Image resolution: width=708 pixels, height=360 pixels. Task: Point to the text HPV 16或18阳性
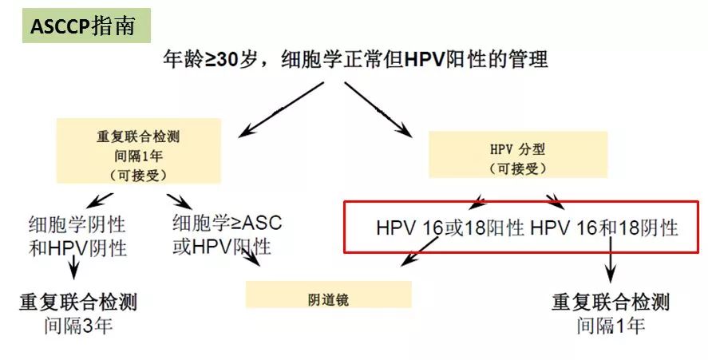click(x=449, y=228)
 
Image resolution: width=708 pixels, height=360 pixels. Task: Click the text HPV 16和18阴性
click(x=603, y=228)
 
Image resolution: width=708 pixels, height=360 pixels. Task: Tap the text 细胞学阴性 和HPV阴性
click(x=77, y=235)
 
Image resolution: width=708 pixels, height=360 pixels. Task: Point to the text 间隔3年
click(x=78, y=326)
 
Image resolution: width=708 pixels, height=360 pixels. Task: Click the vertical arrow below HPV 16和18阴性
click(x=611, y=263)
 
